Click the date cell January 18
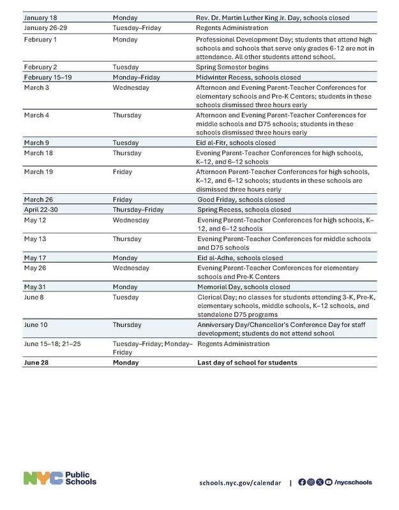point(40,18)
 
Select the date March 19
point(37,171)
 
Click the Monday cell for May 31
point(125,286)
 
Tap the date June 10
point(36,324)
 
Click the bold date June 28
point(38,363)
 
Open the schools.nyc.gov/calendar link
point(239,483)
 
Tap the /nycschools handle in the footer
point(353,483)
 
